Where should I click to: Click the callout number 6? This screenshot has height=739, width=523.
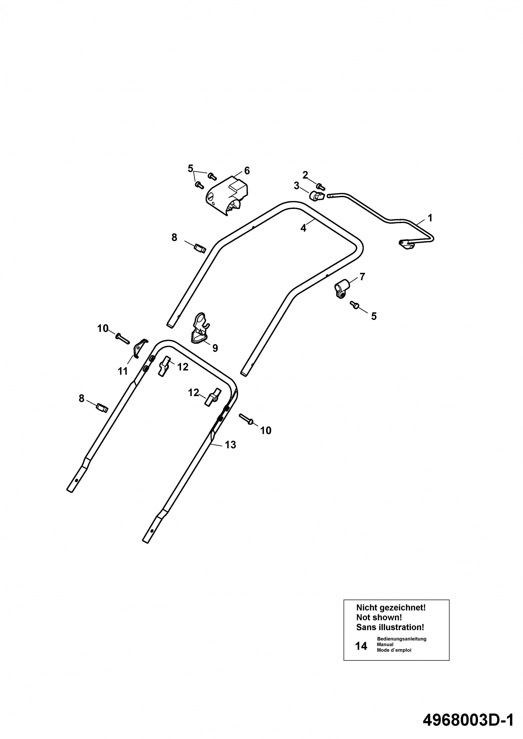click(x=247, y=171)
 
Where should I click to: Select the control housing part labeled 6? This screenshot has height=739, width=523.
click(x=227, y=195)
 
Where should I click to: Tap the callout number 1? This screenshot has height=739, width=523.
click(x=430, y=218)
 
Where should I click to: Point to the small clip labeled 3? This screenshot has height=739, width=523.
click(x=317, y=196)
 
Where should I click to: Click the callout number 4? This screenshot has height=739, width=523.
click(x=304, y=228)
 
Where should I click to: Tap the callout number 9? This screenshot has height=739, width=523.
click(x=215, y=348)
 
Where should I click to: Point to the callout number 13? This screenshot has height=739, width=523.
click(x=230, y=445)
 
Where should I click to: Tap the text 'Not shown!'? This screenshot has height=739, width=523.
click(x=379, y=617)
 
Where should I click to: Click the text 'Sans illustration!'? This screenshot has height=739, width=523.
click(x=390, y=627)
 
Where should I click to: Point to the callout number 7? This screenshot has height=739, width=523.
click(x=362, y=276)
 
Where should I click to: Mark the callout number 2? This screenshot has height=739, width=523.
click(x=305, y=175)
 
